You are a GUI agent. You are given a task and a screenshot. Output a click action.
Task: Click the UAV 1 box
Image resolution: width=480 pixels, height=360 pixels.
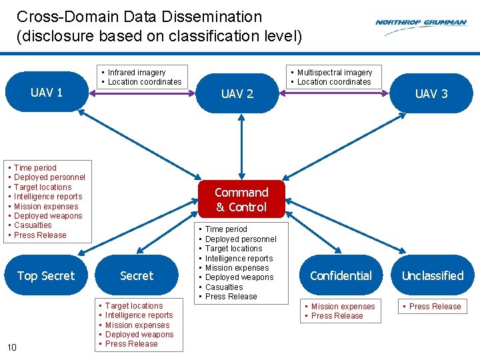(x=47, y=93)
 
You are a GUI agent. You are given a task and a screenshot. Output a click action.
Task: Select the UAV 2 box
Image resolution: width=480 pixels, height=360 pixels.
(x=237, y=94)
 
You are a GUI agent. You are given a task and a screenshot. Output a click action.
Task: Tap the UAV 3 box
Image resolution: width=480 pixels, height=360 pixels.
(x=431, y=94)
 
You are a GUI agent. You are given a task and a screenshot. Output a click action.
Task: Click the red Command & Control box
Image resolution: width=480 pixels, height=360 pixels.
(x=241, y=199)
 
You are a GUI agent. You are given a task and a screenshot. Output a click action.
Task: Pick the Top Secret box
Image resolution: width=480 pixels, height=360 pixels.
(x=46, y=275)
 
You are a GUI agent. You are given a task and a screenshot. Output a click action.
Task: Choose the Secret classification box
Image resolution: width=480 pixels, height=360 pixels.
(x=137, y=275)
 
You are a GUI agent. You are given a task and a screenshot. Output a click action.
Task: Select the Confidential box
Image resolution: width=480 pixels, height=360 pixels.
(x=341, y=275)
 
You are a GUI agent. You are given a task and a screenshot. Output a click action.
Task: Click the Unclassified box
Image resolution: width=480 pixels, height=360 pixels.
(x=433, y=275)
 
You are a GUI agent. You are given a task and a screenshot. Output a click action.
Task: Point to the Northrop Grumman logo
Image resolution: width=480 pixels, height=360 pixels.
(x=421, y=23)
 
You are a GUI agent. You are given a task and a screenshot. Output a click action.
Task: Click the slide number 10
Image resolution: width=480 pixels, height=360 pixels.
(x=12, y=346)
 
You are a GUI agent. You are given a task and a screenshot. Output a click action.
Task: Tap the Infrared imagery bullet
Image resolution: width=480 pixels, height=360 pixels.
(x=137, y=72)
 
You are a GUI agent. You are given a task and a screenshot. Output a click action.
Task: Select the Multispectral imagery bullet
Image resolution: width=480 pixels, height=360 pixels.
(x=335, y=72)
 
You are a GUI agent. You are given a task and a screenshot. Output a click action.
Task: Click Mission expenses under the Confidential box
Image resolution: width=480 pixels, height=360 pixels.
(x=343, y=307)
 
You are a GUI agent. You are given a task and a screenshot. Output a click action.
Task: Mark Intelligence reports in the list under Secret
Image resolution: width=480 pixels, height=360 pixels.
(x=139, y=315)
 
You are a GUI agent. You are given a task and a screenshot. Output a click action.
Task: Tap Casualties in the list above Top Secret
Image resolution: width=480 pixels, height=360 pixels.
(x=33, y=225)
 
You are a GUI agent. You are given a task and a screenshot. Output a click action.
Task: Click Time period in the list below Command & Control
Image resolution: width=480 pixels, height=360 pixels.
(x=226, y=229)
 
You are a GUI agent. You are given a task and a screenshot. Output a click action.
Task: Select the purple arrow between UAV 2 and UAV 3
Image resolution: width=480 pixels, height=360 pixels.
(x=337, y=93)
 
